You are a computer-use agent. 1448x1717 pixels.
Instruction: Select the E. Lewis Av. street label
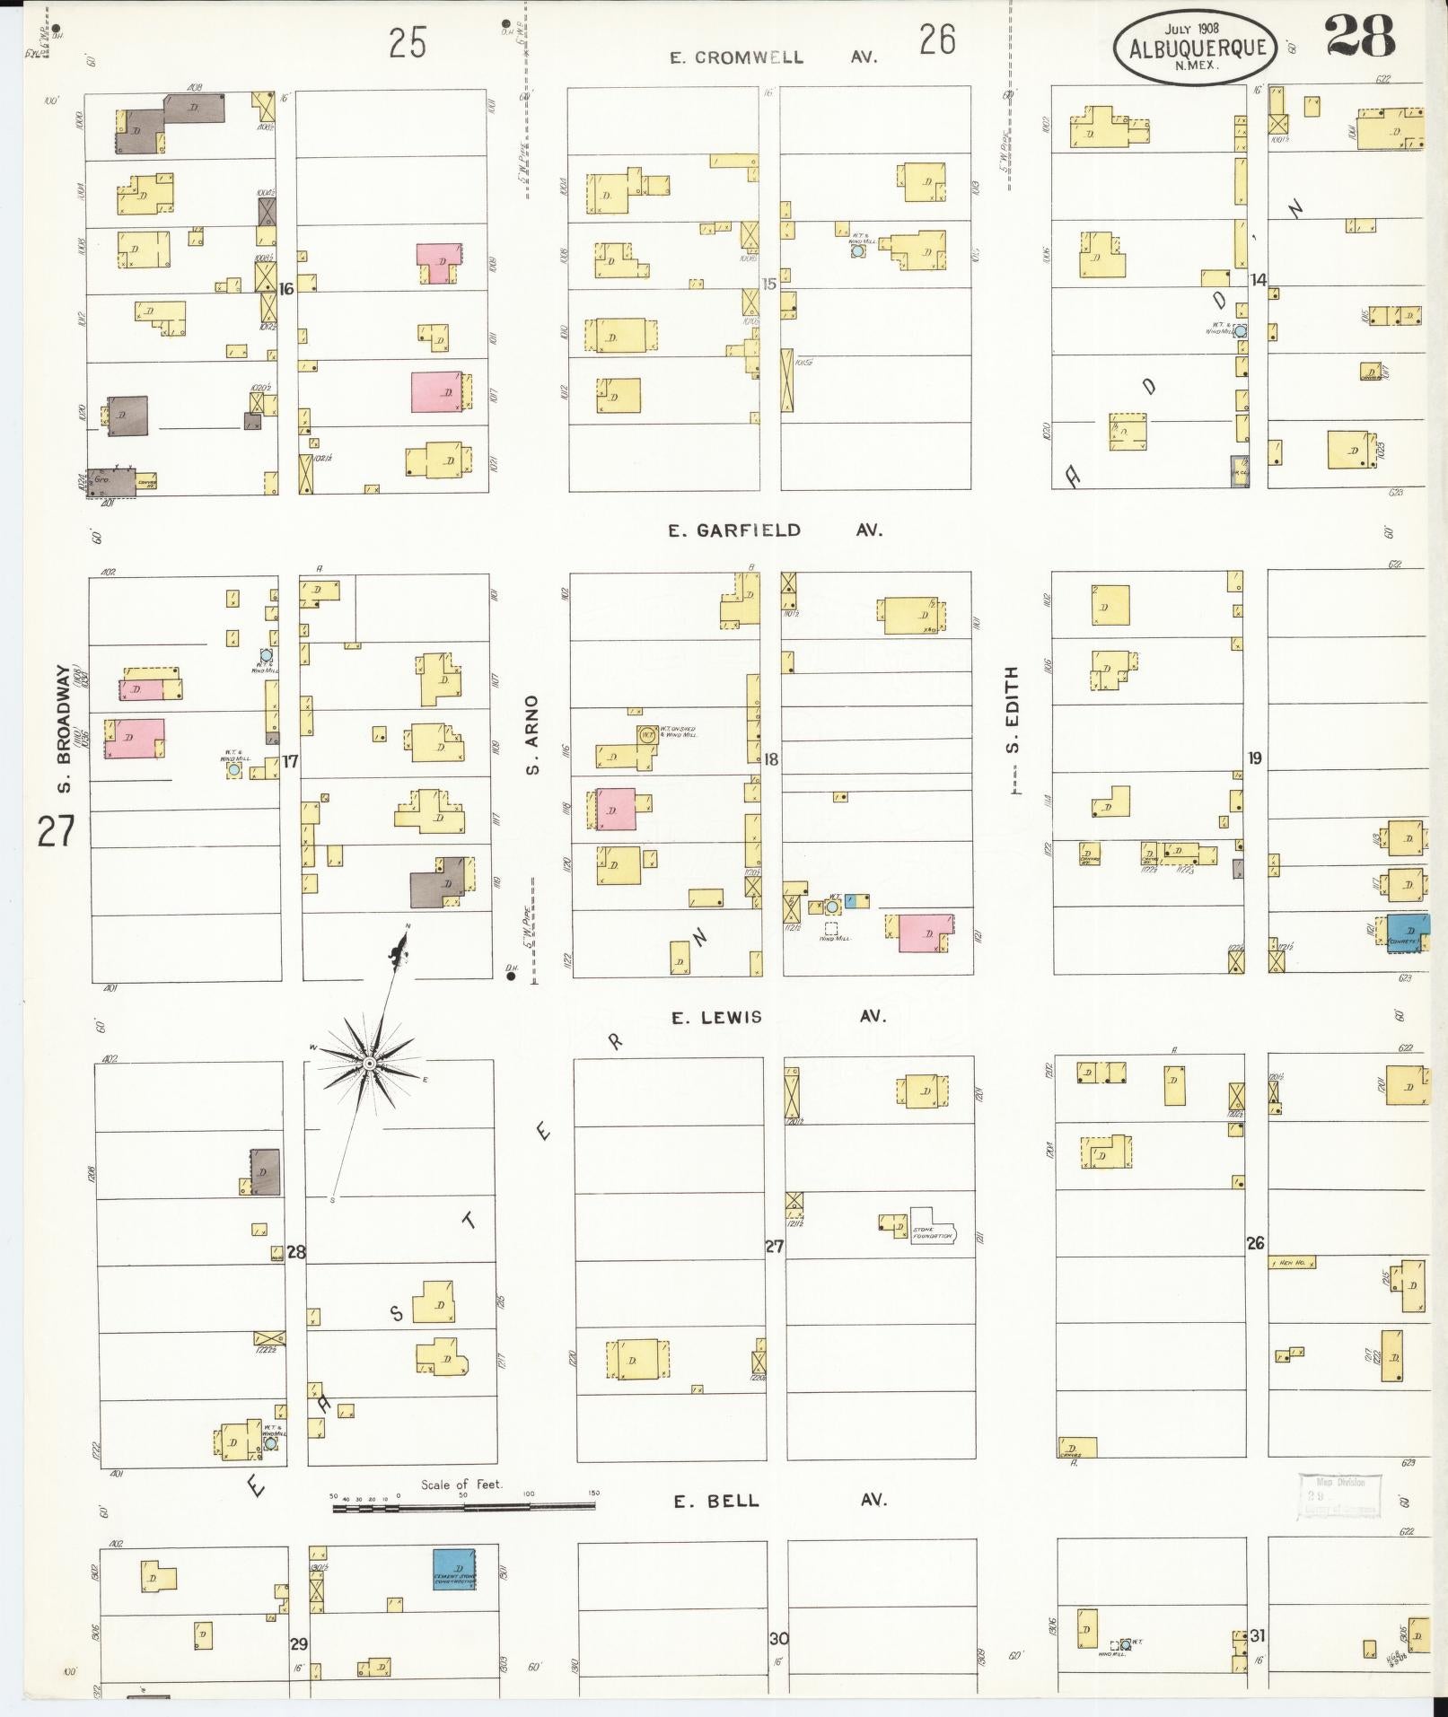point(778,1017)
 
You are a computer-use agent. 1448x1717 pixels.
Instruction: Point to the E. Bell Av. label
point(779,1500)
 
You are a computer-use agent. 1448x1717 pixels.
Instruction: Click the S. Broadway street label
point(64,726)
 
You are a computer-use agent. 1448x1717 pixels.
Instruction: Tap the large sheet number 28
point(1359,38)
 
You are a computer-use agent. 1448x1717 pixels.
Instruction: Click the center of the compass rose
point(369,1063)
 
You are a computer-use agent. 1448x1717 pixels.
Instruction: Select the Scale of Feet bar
point(465,1508)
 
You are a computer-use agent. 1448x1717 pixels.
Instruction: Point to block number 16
point(286,289)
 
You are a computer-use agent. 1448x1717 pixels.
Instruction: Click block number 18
point(770,759)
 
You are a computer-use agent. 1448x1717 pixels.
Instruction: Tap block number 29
point(298,1643)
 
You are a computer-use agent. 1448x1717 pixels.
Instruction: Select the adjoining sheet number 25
point(408,43)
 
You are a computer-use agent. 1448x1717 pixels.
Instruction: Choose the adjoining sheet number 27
point(56,832)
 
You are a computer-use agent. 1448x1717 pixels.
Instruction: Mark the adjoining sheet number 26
point(937,40)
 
